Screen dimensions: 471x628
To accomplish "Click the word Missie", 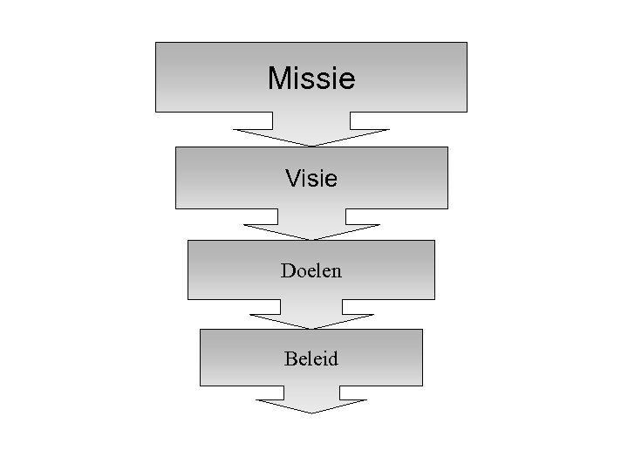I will pos(311,78).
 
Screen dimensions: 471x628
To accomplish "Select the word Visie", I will pos(311,178).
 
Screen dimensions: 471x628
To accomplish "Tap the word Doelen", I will pos(311,270).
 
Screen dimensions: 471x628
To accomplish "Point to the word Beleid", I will pos(311,358).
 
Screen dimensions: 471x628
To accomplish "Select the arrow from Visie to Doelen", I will pos(311,224).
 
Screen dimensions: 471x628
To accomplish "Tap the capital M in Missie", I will pos(278,78).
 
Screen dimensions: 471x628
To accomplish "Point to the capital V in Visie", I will pos(291,178).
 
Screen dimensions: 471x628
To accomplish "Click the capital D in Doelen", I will pos(287,270).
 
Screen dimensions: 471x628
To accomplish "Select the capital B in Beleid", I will pos(290,358).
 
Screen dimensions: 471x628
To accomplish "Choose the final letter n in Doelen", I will pos(337,271).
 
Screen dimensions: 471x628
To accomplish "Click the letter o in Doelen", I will pos(299,272).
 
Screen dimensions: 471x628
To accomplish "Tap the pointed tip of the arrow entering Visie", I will pos(311,145).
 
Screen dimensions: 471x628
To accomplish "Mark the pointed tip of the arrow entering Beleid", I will pos(311,328).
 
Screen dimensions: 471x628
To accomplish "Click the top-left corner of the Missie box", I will pos(156,43).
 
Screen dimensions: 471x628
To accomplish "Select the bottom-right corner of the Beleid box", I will pos(422,386).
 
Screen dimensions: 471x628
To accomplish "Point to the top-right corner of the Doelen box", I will pos(434,241).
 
